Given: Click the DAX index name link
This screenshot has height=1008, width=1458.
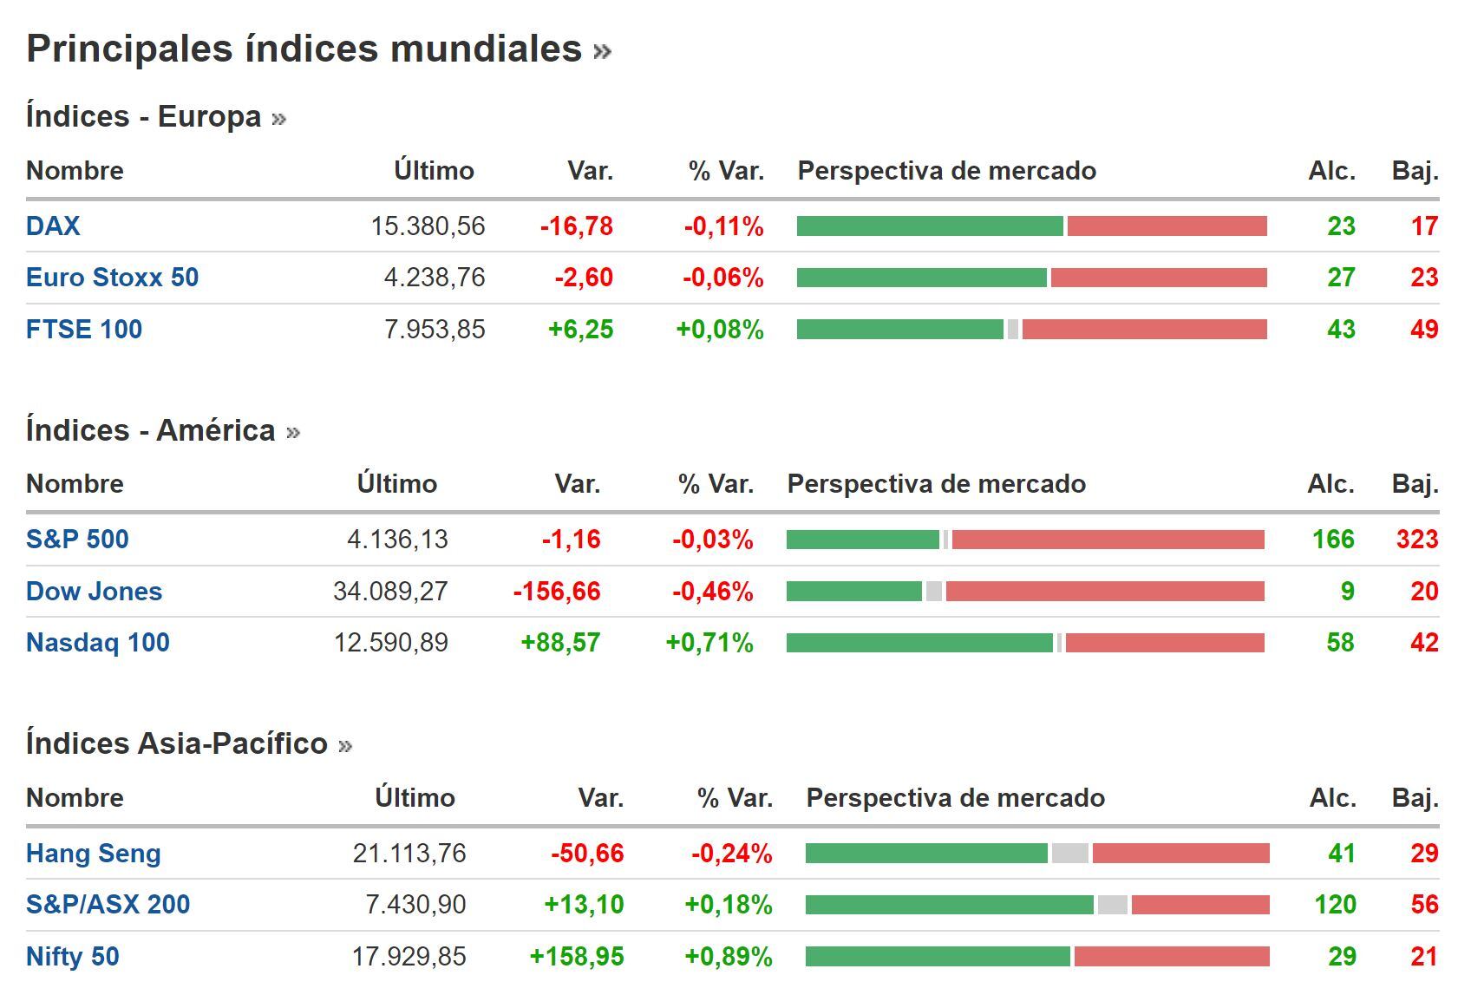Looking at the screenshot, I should [x=53, y=226].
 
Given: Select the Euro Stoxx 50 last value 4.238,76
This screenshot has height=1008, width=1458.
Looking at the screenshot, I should [x=434, y=278].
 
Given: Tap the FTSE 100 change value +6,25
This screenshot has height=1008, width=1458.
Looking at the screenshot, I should [x=580, y=330].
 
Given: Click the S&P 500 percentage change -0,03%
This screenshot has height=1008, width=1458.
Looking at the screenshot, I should [x=712, y=540].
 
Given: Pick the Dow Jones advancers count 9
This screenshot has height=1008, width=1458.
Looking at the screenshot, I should [x=1346, y=592].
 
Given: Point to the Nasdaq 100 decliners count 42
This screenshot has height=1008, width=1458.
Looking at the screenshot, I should [x=1423, y=643].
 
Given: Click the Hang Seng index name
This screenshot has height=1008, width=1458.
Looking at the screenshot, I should [x=94, y=854].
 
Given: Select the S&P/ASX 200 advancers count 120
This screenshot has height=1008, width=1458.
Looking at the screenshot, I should [x=1334, y=905].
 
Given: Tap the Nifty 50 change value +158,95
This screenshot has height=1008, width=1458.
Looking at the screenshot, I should [x=576, y=957].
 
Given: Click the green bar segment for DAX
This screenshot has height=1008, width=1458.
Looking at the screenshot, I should [x=929, y=226].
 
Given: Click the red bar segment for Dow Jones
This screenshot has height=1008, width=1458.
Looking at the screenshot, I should [x=1104, y=592].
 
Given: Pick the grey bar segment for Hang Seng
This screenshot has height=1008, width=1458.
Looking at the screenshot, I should [x=1069, y=854].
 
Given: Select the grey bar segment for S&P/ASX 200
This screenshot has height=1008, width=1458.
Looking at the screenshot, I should [x=1112, y=905].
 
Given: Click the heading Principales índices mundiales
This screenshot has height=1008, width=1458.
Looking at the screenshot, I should [x=304, y=49].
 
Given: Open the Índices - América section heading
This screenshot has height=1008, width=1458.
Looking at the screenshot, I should [x=151, y=430].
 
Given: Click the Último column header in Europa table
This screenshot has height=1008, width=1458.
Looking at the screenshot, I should [x=434, y=171].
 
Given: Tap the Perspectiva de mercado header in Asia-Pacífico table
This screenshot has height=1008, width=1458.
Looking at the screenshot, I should [x=955, y=798].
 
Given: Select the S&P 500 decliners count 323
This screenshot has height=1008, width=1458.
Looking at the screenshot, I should [x=1416, y=540].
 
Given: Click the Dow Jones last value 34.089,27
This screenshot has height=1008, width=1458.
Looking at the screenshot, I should [x=390, y=592].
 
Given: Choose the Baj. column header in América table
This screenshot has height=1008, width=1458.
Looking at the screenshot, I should [x=1415, y=484].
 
